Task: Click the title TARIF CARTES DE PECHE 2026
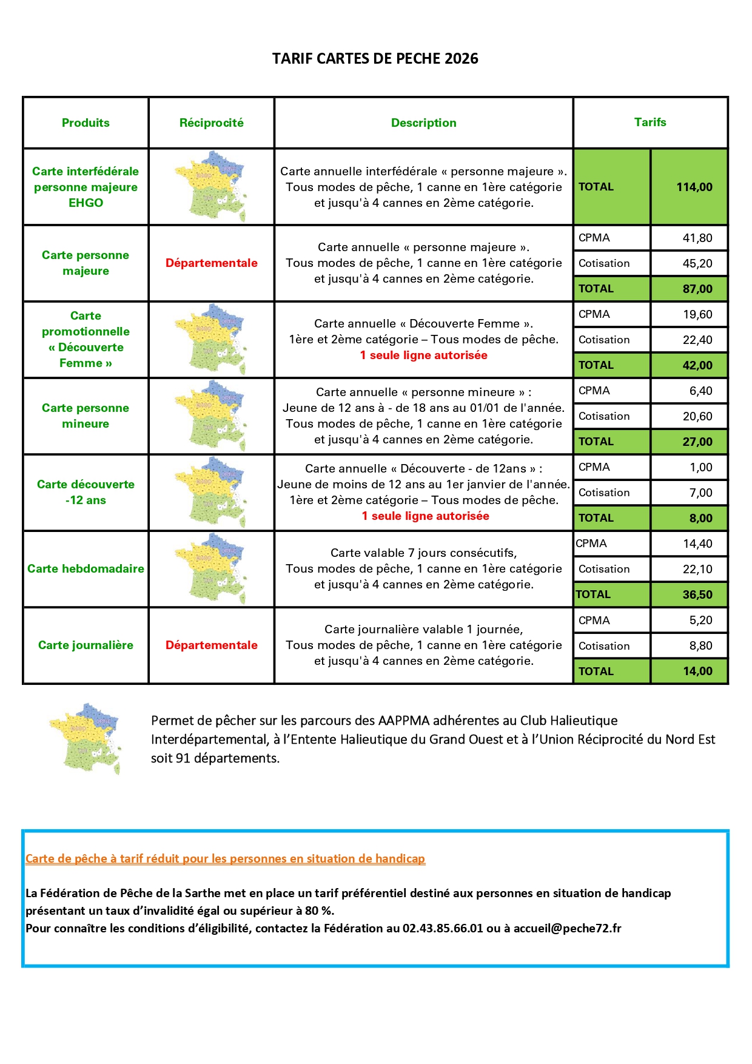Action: [x=375, y=59]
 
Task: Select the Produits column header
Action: [x=86, y=123]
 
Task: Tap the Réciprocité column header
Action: [x=211, y=123]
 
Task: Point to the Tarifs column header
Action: [x=650, y=122]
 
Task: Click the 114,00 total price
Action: [x=694, y=187]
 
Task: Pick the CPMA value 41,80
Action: [x=697, y=238]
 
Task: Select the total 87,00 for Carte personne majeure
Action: [x=697, y=289]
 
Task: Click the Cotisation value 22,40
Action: [x=697, y=340]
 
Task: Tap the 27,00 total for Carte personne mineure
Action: [x=697, y=442]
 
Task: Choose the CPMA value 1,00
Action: [x=700, y=467]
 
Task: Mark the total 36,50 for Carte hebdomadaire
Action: [x=697, y=594]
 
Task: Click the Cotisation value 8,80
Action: [x=700, y=645]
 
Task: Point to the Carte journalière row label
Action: [x=86, y=645]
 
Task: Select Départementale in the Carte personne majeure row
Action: [x=211, y=263]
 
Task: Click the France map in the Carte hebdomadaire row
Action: [x=211, y=568]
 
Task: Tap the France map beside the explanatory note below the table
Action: [x=85, y=738]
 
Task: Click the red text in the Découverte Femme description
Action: [x=423, y=355]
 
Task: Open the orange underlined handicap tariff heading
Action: [x=225, y=858]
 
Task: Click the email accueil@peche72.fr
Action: [x=567, y=928]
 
